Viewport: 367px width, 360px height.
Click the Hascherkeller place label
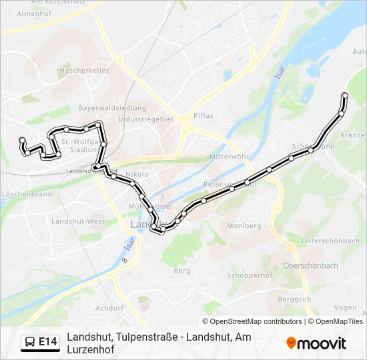(x=83, y=70)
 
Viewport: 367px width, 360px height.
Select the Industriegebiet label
(x=145, y=119)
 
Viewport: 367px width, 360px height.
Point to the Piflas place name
(x=203, y=116)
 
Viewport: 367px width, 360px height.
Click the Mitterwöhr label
(x=228, y=157)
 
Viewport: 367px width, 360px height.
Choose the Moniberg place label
(x=244, y=226)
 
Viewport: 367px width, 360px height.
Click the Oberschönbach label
(x=311, y=265)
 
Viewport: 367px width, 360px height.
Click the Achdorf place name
(x=109, y=308)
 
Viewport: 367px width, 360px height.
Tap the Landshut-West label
(x=78, y=221)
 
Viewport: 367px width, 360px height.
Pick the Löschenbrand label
(x=27, y=194)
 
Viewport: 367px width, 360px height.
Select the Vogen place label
(x=345, y=307)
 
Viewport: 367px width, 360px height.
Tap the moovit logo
(x=316, y=343)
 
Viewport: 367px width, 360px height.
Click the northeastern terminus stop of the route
(x=345, y=95)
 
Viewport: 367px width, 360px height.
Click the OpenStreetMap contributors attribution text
(x=252, y=321)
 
